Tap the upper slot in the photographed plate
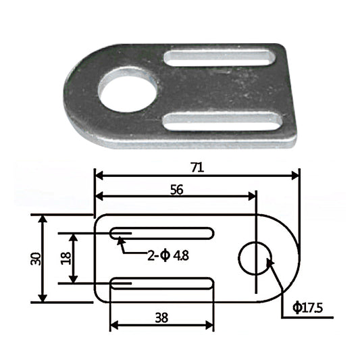click(x=222, y=57)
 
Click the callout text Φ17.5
click(x=309, y=309)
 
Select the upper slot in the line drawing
click(x=163, y=234)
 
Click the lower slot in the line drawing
click(x=163, y=283)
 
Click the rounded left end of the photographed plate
click(x=74, y=95)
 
